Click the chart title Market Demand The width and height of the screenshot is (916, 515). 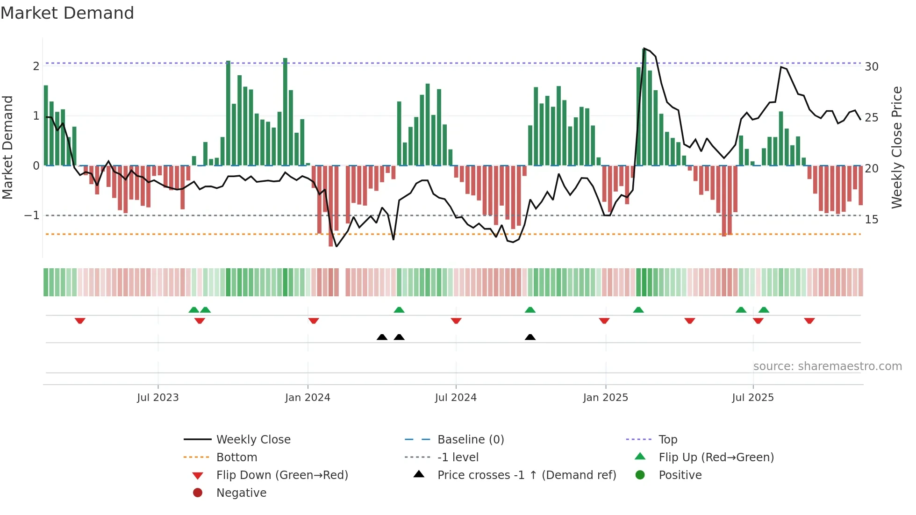coord(67,13)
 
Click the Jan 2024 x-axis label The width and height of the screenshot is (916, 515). coord(308,398)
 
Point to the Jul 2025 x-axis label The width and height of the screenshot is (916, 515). coord(752,398)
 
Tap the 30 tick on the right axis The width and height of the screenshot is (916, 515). coord(871,67)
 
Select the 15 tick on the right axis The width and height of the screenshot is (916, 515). coord(871,220)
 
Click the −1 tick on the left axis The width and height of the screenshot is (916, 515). coord(32,215)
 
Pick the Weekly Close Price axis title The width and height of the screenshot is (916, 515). coord(896,147)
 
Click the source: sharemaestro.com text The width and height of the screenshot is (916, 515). coord(827,366)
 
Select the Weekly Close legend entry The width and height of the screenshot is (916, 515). coord(253,440)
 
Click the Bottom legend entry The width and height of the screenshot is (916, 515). coord(236,458)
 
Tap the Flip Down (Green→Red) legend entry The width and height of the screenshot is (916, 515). coord(282,475)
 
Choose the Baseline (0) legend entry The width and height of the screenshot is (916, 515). coord(470,440)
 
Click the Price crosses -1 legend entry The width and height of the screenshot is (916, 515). coord(526,475)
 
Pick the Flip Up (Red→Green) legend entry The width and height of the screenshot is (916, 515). coord(716,458)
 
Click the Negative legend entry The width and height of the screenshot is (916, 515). coord(241,493)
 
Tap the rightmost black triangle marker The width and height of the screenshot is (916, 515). coord(530,337)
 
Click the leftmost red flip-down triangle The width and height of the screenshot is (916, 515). coord(80,321)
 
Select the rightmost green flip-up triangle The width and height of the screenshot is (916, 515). coord(764,310)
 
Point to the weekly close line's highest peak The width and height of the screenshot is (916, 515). coord(644,48)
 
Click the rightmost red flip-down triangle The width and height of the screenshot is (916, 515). coord(809,321)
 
